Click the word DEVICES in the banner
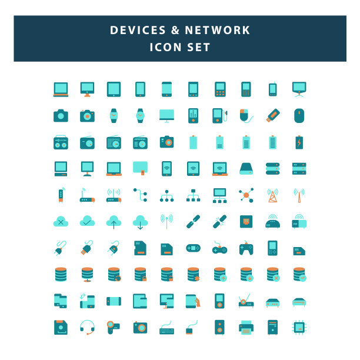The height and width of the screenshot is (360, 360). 138,30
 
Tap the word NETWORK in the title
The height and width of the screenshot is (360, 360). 218,30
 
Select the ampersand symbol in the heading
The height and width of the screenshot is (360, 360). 175,30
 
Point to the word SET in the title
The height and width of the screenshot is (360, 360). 198,47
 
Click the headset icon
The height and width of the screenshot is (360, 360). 87,327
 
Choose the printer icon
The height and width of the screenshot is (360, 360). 246,328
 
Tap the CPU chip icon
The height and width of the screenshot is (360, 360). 299,327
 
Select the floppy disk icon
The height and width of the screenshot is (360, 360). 61,327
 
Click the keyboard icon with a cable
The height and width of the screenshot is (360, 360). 166,328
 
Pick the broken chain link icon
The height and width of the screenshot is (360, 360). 220,222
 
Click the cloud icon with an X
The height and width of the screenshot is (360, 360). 61,221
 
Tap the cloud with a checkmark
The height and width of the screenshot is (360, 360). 87,221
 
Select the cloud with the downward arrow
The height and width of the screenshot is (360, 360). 140,222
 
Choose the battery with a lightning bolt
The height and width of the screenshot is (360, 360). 299,142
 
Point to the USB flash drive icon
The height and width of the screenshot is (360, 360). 273,115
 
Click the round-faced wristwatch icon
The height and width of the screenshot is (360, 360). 140,115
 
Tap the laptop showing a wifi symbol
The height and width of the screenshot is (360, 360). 220,169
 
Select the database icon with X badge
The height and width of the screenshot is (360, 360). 273,274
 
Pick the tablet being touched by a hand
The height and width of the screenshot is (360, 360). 193,301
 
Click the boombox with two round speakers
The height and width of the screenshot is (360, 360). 61,142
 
